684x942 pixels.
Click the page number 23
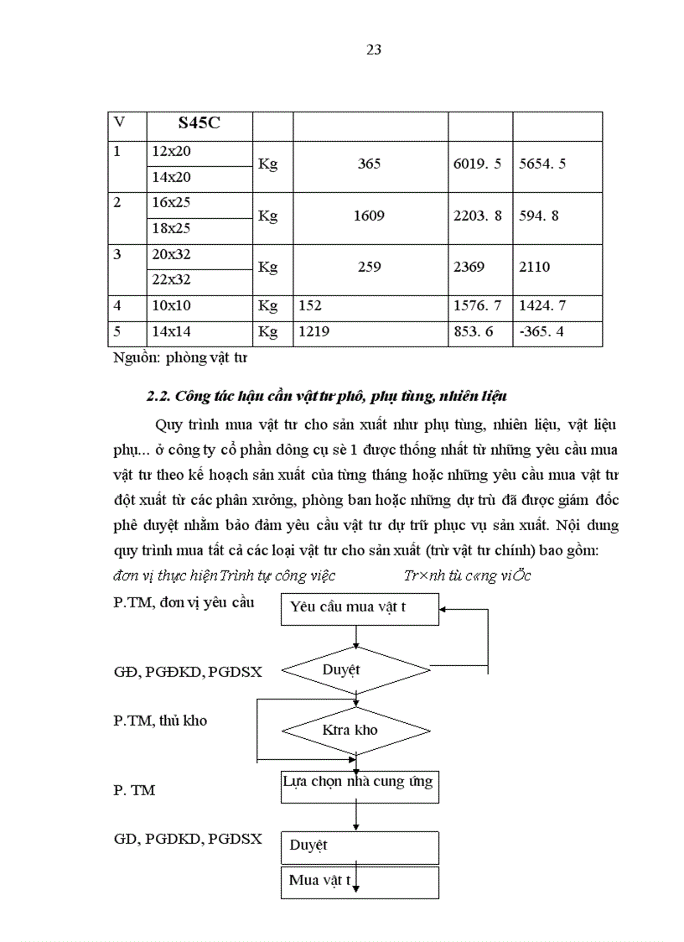374,49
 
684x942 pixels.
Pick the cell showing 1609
369,216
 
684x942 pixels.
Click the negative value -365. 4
541,331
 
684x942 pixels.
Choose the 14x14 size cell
171,331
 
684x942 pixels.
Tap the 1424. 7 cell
547,306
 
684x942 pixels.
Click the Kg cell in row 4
267,306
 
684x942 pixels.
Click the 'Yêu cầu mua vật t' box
359,608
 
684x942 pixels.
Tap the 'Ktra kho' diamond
357,730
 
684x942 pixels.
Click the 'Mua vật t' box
359,882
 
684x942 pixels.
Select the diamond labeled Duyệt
357,670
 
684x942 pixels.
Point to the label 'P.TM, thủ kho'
159,721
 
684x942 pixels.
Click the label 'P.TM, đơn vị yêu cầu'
183,602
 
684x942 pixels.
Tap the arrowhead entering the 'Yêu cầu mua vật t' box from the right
445,609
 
